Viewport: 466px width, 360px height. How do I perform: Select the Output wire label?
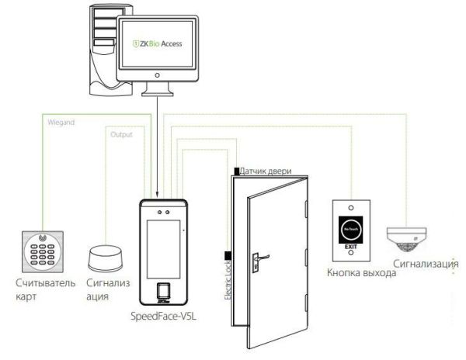pyautogui.click(x=122, y=134)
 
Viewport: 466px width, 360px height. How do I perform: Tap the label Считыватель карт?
pyautogui.click(x=40, y=289)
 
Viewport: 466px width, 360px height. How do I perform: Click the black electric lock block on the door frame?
pyautogui.click(x=228, y=256)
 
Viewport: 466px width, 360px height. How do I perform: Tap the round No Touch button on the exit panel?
pyautogui.click(x=351, y=231)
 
